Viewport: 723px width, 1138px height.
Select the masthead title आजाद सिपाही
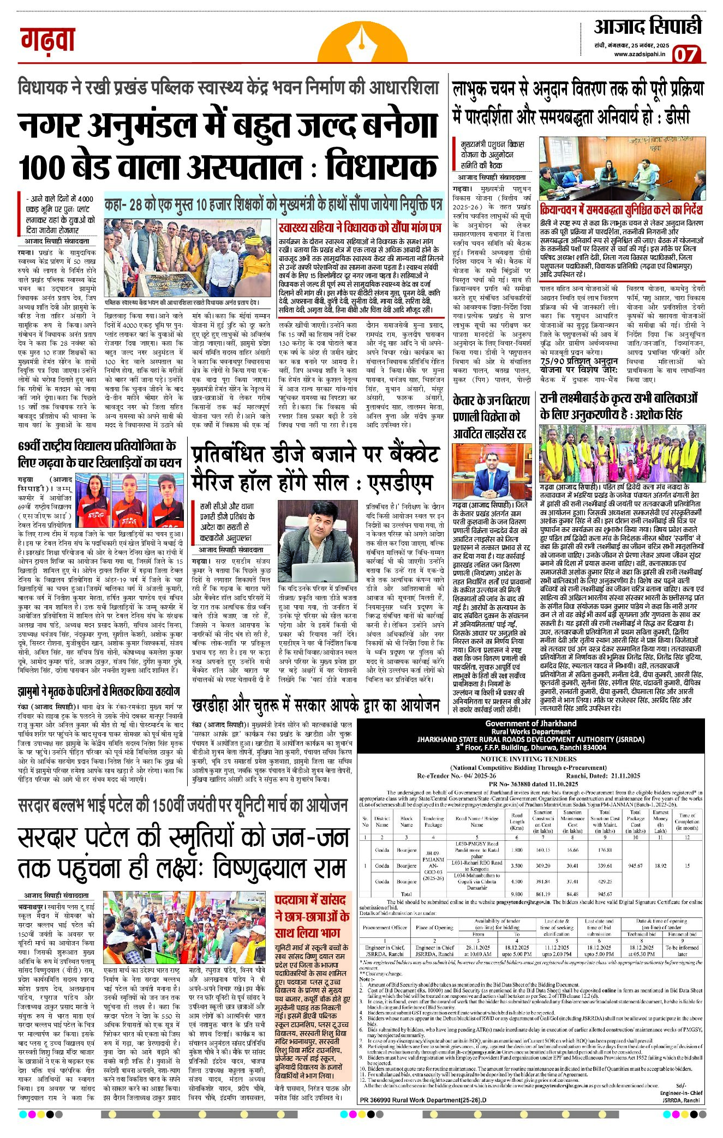tap(648, 26)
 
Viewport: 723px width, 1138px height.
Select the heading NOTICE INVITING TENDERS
tap(528, 758)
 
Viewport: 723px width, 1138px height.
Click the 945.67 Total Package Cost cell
tap(636, 865)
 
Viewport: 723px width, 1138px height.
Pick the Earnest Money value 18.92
tap(660, 865)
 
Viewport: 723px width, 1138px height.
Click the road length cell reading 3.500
tap(516, 865)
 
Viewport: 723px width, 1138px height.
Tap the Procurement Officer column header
tap(385, 927)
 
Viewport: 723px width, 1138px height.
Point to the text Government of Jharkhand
tap(530, 724)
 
